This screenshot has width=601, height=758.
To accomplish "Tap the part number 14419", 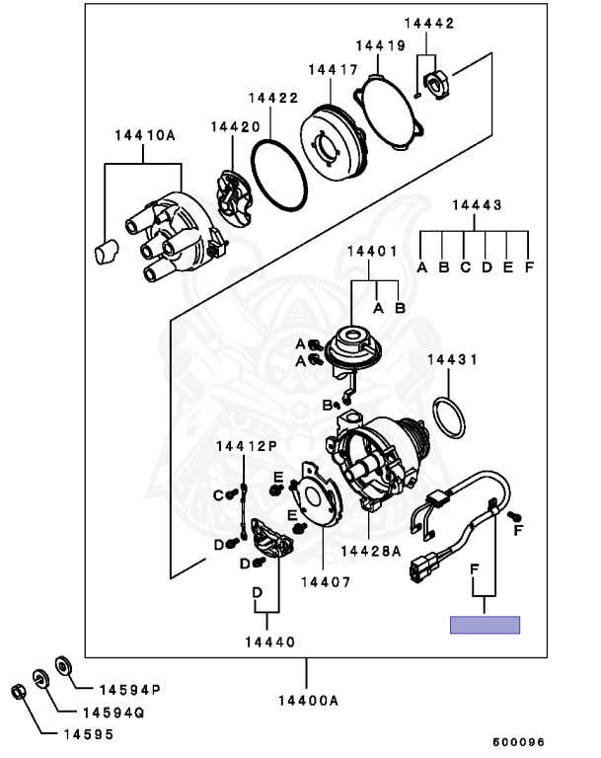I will (x=380, y=45).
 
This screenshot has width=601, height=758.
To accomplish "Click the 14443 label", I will (x=477, y=205).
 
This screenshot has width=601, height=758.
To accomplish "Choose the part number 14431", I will (x=452, y=361).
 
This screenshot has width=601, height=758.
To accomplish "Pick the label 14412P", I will (x=246, y=447).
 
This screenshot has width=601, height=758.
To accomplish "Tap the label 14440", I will (x=269, y=642).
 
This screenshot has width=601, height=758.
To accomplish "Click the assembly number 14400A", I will (x=306, y=700).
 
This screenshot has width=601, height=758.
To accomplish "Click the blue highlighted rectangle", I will (x=485, y=624).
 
